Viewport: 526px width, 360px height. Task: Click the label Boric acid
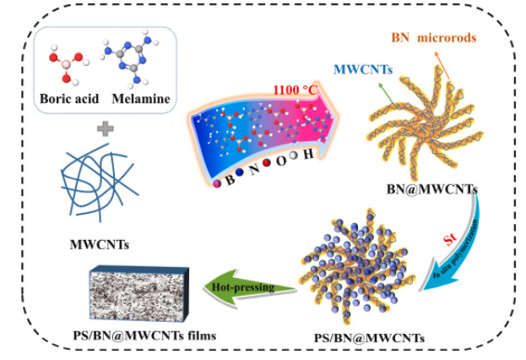(64, 100)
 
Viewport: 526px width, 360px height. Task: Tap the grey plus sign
(106, 129)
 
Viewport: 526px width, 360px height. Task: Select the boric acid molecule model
(63, 63)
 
